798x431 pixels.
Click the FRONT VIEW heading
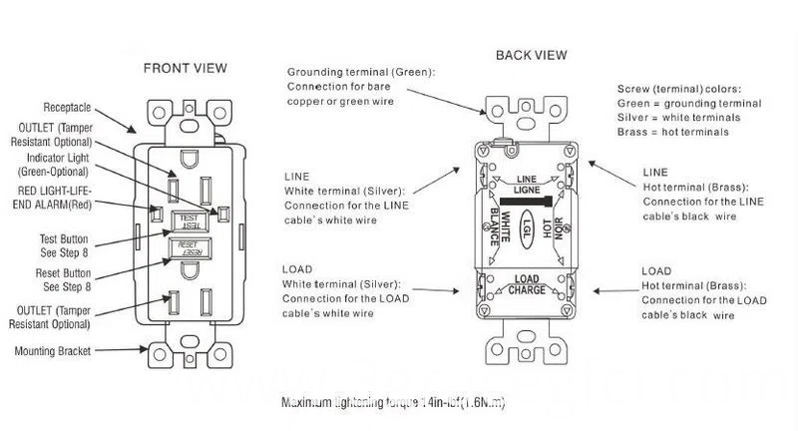coord(185,69)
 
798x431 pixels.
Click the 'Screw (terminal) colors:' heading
coord(672,89)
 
